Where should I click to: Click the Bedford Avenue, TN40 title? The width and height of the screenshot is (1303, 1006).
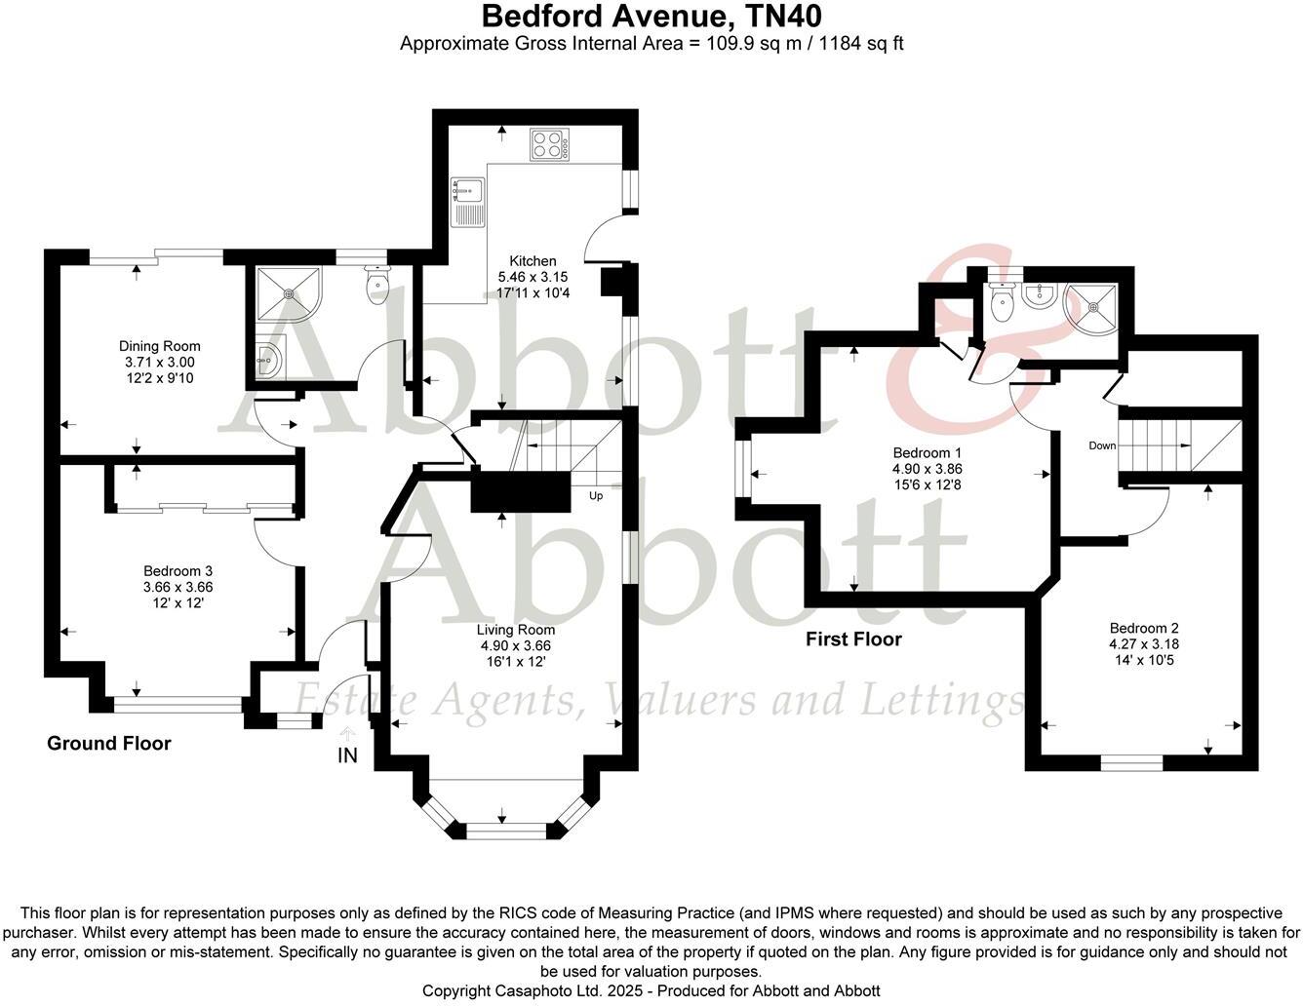click(651, 17)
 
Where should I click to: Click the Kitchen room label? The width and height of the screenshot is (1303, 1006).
click(533, 261)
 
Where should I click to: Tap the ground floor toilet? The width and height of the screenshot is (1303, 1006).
click(376, 284)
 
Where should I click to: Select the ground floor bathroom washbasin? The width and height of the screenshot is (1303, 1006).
click(266, 360)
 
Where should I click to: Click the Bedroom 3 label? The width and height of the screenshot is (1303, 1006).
click(178, 571)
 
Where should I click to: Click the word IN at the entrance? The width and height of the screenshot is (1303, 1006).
click(347, 755)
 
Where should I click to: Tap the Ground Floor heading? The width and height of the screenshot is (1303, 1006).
click(109, 744)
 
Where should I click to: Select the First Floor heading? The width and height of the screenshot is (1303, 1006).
click(853, 639)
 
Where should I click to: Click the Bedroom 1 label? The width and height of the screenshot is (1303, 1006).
click(928, 453)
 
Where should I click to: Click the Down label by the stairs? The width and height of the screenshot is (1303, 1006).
click(1102, 445)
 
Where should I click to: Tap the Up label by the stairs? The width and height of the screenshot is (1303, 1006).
click(595, 495)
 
